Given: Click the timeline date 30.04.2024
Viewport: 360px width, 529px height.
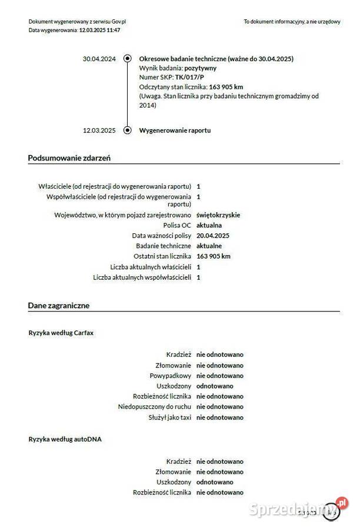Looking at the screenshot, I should click(99, 59).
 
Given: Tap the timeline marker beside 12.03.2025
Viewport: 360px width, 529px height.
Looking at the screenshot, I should click(127, 130).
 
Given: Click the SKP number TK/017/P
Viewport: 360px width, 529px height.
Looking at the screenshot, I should click(189, 78).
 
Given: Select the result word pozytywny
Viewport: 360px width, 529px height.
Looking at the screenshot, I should click(196, 68).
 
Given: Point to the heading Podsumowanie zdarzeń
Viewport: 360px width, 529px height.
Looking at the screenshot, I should click(69, 158).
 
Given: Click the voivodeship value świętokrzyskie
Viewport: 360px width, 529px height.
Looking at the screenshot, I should click(218, 215).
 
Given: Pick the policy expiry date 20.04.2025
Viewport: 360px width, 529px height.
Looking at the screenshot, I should click(213, 236).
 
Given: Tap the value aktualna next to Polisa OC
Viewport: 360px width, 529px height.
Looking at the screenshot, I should click(209, 225).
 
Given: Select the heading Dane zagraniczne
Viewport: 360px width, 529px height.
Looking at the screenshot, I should click(59, 306).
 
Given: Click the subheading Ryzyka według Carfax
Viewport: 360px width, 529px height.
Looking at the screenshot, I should click(61, 333).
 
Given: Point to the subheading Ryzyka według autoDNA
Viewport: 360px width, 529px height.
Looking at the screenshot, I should click(65, 439).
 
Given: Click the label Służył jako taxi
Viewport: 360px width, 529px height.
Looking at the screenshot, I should click(170, 417).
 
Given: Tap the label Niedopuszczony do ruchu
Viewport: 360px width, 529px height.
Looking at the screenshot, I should click(155, 407).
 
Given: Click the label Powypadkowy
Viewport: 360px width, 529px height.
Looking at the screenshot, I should click(171, 376).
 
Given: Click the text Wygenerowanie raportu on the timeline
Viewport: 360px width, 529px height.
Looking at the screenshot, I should click(175, 130).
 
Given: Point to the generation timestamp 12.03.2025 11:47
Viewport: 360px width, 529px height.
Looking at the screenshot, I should click(99, 30).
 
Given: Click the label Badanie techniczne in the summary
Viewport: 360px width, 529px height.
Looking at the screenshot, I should click(164, 246).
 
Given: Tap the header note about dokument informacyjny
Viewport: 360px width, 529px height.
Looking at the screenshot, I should click(292, 22).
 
